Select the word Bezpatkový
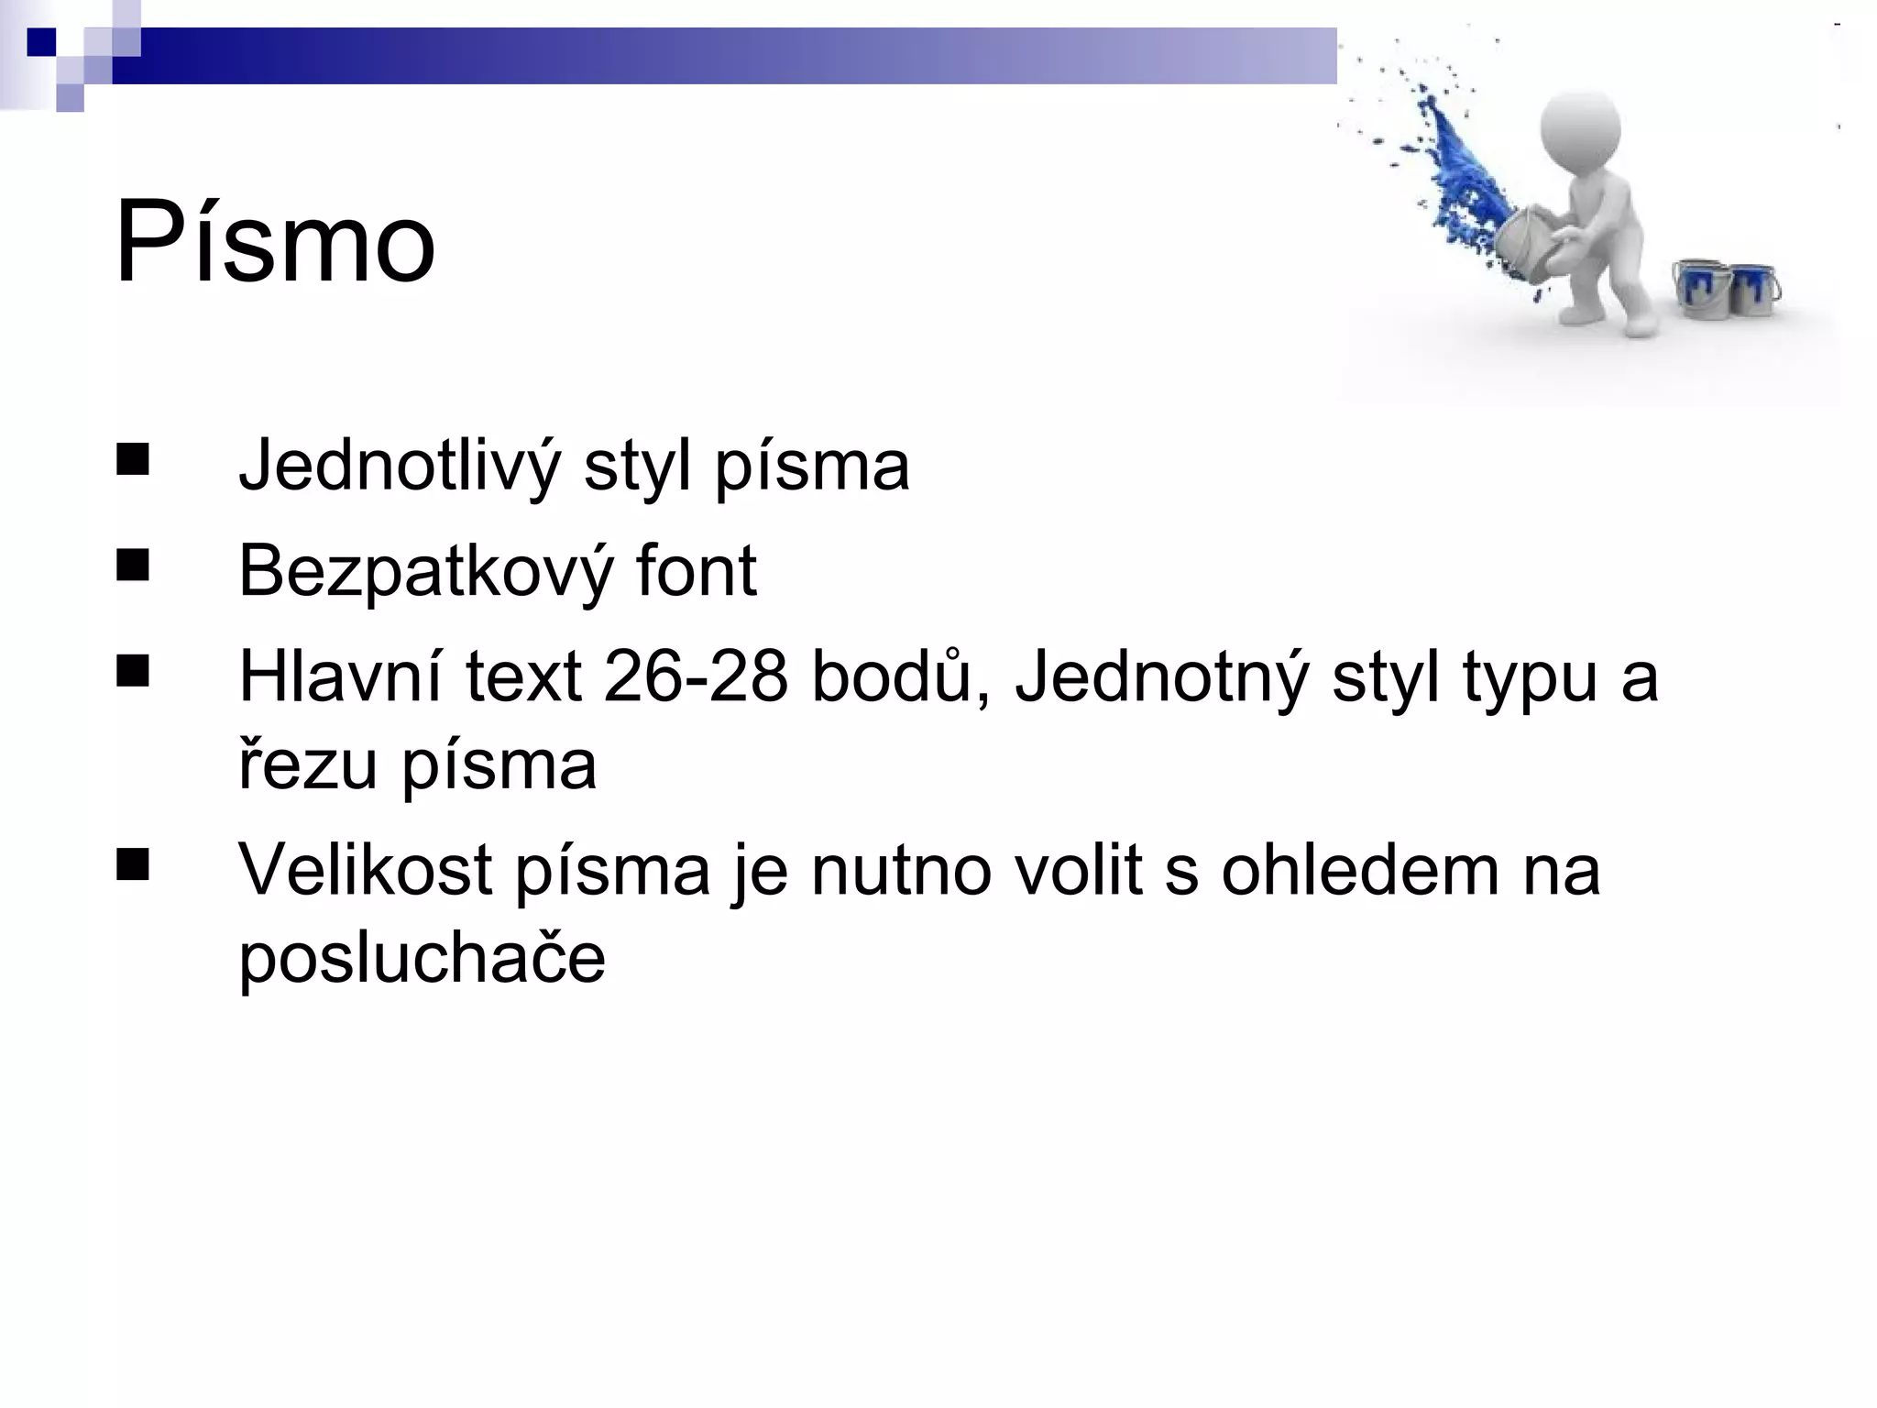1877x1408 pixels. pyautogui.click(x=425, y=571)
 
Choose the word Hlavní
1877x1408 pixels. pyautogui.click(x=341, y=676)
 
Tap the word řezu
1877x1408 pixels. pyautogui.click(x=308, y=765)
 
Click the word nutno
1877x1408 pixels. pyautogui.click(x=901, y=870)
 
